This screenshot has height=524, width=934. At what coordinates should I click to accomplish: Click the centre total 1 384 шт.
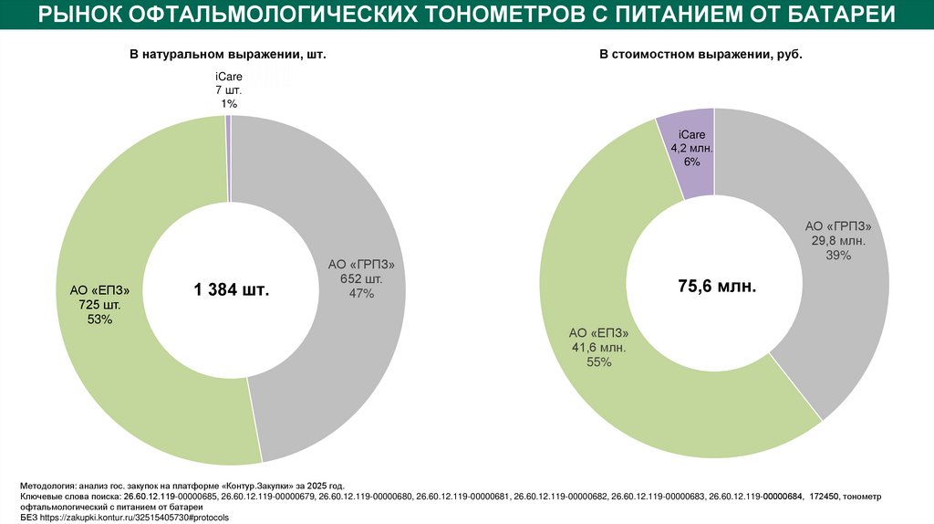pyautogui.click(x=231, y=290)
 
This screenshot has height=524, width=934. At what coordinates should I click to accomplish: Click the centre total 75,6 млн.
pyautogui.click(x=716, y=286)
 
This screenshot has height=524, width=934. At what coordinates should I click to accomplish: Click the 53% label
pyautogui.click(x=99, y=319)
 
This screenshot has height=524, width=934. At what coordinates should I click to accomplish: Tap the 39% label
pyautogui.click(x=838, y=255)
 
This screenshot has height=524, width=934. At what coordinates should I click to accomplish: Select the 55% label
pyautogui.click(x=598, y=362)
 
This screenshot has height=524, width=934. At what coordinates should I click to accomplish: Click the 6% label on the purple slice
pyautogui.click(x=690, y=162)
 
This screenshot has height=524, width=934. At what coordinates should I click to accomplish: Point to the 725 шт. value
pyautogui.click(x=99, y=304)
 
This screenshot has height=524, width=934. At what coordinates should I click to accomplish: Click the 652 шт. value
pyautogui.click(x=362, y=278)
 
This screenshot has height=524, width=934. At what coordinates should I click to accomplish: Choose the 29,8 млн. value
pyautogui.click(x=838, y=241)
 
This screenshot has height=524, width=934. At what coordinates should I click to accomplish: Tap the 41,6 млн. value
pyautogui.click(x=598, y=347)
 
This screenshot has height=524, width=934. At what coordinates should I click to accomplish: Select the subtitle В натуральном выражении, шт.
pyautogui.click(x=227, y=56)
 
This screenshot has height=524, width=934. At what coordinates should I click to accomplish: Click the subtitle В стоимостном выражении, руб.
pyautogui.click(x=700, y=56)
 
